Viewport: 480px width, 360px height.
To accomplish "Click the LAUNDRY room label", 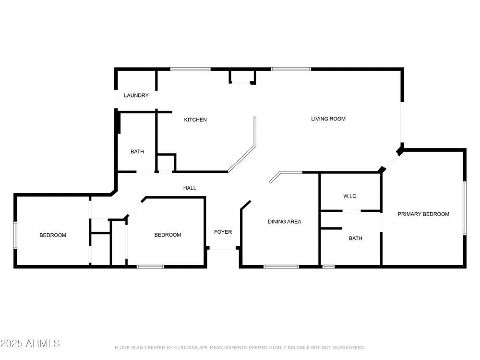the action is click(136, 96).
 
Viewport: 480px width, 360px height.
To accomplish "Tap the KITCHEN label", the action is click(195, 120).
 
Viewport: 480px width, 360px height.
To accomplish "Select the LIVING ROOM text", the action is click(328, 119).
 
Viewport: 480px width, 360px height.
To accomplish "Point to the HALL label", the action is click(190, 188).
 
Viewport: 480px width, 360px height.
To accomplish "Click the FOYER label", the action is click(223, 232).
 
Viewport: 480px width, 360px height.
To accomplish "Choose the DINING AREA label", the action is click(284, 222).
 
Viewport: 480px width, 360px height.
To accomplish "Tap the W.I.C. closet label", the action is click(350, 196).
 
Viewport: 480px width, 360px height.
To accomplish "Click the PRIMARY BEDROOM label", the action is click(423, 214).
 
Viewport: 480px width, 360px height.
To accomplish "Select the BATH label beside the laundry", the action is click(137, 152).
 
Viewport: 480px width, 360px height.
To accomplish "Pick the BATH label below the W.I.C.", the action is click(355, 238).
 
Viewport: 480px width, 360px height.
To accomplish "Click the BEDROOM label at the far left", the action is click(53, 235).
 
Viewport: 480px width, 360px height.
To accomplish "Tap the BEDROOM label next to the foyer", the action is click(168, 235).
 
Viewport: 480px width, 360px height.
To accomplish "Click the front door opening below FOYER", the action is click(223, 248).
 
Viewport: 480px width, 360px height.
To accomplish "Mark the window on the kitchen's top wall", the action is click(191, 69).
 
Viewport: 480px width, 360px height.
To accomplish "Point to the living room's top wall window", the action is click(291, 69).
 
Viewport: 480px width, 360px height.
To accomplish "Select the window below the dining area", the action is click(281, 267).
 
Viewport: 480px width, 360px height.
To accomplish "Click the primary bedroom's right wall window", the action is click(465, 208).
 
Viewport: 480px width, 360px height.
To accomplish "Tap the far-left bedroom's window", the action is click(15, 235).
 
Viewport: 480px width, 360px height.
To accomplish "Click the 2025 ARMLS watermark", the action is click(30, 344).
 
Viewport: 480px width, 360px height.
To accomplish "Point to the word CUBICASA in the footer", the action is click(186, 348).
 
